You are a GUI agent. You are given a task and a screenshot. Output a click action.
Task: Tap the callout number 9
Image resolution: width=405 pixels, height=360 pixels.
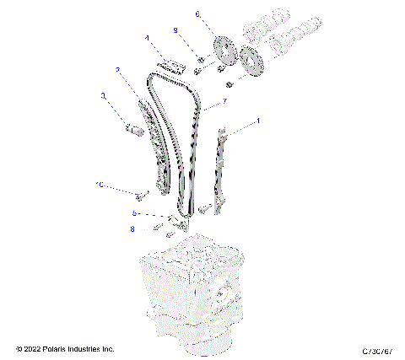(175, 30)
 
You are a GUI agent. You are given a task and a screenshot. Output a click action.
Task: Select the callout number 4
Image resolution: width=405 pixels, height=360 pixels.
(146, 38)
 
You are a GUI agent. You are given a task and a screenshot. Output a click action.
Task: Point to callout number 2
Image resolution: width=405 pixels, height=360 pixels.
(117, 70)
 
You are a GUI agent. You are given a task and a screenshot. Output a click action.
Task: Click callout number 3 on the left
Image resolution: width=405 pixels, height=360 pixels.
(103, 96)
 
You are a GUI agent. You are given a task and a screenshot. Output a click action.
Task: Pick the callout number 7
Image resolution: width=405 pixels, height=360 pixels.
(224, 103)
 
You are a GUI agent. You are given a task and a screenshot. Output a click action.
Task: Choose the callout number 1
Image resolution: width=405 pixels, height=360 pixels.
(257, 121)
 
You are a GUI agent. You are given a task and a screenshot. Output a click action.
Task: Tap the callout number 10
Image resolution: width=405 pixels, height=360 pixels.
(99, 184)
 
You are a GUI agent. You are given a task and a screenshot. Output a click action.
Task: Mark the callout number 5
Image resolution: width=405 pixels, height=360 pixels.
(133, 213)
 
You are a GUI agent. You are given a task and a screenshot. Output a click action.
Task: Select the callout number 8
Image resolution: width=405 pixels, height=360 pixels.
(132, 228)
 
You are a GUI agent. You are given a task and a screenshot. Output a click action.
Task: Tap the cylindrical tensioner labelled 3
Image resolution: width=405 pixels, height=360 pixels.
(132, 130)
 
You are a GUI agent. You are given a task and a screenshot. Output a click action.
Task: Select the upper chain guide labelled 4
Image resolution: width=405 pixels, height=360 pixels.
(174, 66)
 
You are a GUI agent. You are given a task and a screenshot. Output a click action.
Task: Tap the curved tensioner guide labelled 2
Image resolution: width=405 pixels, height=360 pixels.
(152, 143)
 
